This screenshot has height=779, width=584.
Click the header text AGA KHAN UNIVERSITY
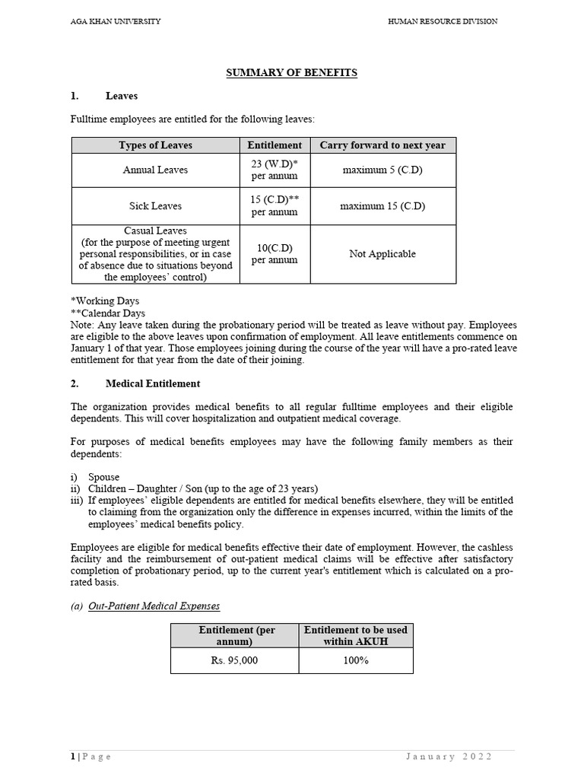coord(116,21)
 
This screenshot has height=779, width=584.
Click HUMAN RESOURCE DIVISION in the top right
coord(443,21)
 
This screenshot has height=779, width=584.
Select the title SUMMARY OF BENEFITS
coord(292,73)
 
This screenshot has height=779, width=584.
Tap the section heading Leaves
coord(122,97)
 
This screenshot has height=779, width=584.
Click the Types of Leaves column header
coord(156,145)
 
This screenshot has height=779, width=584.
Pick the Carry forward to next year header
coord(382,145)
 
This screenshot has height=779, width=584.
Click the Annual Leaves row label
coord(156,170)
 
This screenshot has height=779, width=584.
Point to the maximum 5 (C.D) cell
coord(382,170)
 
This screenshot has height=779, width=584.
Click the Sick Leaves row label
coord(156,206)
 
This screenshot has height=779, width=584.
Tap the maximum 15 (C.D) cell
coord(382,206)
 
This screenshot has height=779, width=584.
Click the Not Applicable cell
coord(382,254)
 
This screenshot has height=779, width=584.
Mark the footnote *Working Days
coord(105,301)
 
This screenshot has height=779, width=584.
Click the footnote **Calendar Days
coord(107,313)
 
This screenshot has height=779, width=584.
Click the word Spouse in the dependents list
coord(103,477)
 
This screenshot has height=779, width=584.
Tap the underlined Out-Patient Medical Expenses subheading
coord(154,606)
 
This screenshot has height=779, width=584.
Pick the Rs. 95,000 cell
coord(234,661)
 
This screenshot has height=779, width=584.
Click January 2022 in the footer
coord(449,756)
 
